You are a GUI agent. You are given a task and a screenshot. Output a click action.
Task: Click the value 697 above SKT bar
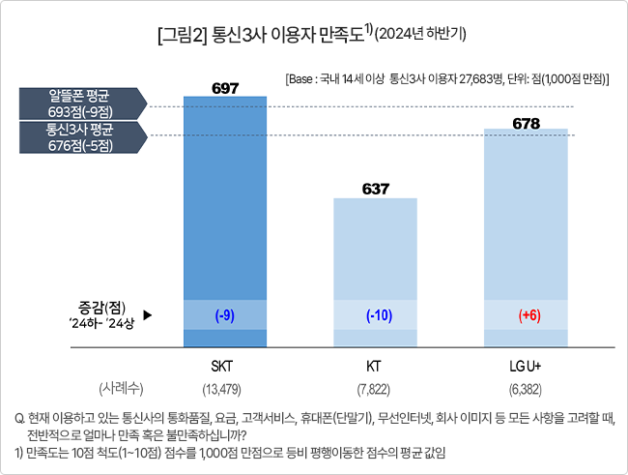coord(224,88)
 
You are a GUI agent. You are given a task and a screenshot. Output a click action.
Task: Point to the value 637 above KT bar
coord(375,188)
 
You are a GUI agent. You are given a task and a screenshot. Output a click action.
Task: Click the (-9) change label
coord(224,315)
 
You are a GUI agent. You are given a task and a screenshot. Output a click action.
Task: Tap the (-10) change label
coord(375,315)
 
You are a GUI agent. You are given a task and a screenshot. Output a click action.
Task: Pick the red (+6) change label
coord(527,315)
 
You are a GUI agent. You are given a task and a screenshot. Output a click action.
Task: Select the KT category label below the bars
coord(374,369)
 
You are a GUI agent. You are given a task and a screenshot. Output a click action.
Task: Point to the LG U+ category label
coord(527,369)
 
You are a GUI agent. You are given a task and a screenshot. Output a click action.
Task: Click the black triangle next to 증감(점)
coord(148,315)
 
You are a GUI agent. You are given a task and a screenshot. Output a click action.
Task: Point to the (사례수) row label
coord(121,389)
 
